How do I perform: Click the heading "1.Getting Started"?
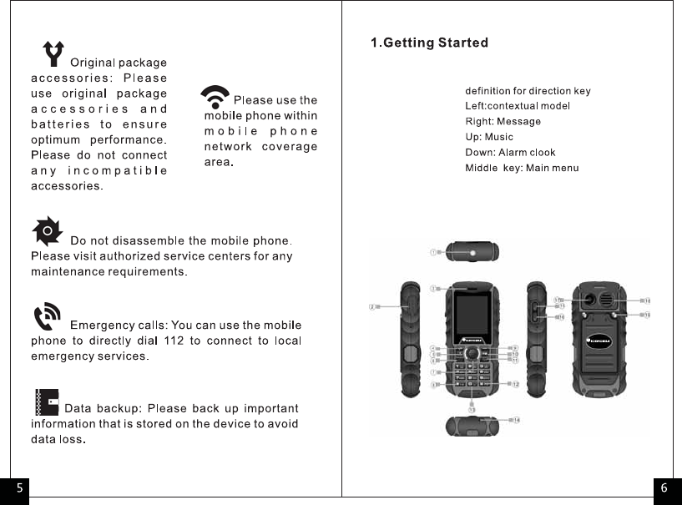429,43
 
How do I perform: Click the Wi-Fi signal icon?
216,98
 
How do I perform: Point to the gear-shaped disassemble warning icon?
48,230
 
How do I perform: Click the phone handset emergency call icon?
47,317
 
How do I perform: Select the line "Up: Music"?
489,137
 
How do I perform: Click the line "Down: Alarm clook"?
510,152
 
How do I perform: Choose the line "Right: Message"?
503,122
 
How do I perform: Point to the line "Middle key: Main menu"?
522,168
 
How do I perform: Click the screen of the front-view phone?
472,316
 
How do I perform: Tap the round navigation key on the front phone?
472,354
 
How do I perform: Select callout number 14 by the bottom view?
517,419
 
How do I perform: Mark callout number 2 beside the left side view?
372,306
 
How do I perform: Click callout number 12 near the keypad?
516,384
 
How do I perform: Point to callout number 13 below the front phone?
472,409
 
